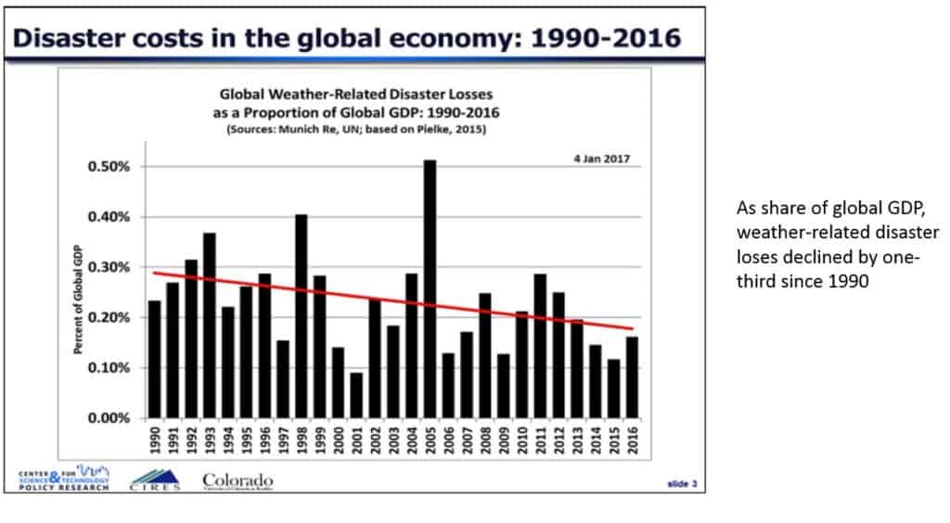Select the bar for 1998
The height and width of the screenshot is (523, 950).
301,316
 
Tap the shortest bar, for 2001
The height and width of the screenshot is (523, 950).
356,395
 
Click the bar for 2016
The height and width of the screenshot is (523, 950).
631,377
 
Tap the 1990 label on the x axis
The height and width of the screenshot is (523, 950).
155,441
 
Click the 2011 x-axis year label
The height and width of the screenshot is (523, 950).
540,441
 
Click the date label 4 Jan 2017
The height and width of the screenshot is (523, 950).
600,159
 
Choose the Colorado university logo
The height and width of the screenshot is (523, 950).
237,480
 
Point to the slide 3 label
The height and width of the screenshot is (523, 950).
682,482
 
